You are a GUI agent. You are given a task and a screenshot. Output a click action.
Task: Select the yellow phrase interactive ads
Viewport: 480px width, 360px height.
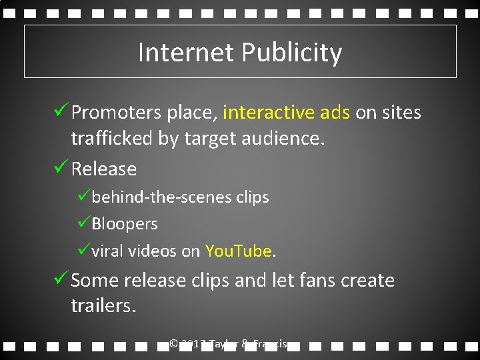point(286,113)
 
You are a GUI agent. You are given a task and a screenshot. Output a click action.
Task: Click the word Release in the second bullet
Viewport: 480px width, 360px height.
point(103,169)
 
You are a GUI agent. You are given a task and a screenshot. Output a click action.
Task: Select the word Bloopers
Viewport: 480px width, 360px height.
point(125,224)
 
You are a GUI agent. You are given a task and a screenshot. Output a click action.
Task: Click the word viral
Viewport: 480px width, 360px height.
point(107,251)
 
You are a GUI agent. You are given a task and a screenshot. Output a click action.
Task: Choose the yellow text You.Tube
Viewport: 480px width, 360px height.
point(239,251)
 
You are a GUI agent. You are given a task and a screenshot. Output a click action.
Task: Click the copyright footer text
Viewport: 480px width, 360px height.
point(228,344)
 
